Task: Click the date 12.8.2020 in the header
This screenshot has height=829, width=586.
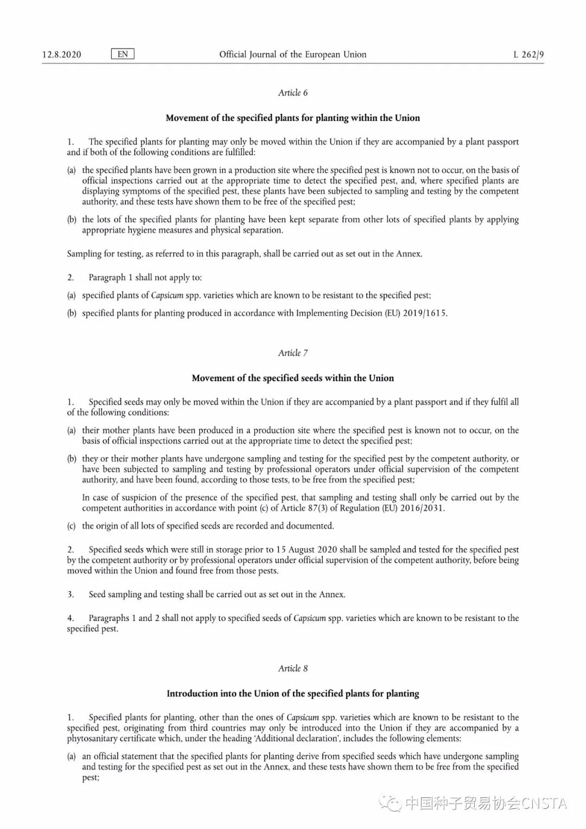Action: coord(61,54)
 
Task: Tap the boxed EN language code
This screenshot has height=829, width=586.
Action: coord(123,54)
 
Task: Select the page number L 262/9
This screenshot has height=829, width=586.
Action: coord(528,54)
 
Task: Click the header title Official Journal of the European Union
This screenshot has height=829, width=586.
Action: coord(292,54)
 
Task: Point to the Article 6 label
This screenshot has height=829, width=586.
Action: coord(292,93)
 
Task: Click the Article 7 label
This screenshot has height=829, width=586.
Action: coord(292,353)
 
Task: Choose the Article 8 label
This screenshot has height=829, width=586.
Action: coord(292,668)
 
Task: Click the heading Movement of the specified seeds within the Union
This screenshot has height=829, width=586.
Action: coord(292,378)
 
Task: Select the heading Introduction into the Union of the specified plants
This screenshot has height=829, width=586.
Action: coord(292,693)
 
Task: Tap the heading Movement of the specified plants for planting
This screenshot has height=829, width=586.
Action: coord(292,118)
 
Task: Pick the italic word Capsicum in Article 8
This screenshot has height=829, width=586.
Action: coord(303,717)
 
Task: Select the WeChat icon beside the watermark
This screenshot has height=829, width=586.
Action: coord(390,803)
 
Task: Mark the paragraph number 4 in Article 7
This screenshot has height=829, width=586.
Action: coord(71,618)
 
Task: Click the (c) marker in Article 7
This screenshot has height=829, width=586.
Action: coord(71,526)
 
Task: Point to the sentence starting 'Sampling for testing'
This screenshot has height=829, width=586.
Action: coord(244,254)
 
